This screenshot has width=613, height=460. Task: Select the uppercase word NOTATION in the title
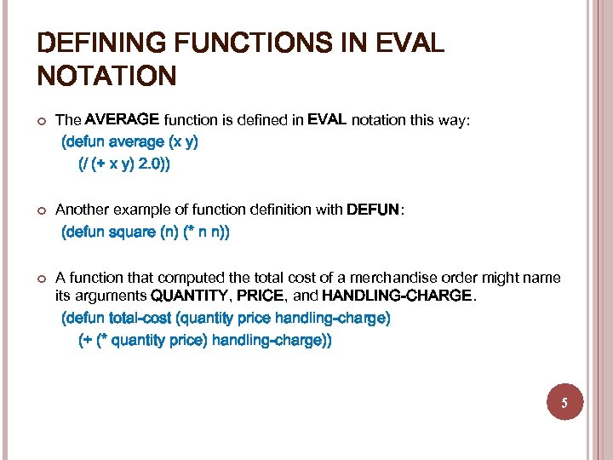tap(107, 78)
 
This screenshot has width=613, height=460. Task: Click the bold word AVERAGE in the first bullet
tap(122, 119)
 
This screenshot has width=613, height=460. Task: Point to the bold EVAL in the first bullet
tap(327, 119)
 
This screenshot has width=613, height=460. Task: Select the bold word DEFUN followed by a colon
tap(372, 210)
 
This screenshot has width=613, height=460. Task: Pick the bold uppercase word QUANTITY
tap(190, 296)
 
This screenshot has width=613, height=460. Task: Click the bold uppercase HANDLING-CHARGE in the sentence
tap(396, 296)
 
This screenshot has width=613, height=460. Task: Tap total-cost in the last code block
tap(140, 319)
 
